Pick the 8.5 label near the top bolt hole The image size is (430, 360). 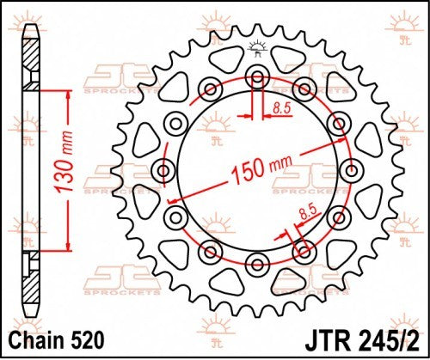pyautogui.click(x=281, y=109)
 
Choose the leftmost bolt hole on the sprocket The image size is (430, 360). pyautogui.click(x=164, y=168)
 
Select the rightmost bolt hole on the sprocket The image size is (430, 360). pyautogui.click(x=352, y=168)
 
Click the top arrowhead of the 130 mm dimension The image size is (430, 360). pyautogui.click(x=66, y=92)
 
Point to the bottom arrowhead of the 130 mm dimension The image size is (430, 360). pyautogui.click(x=66, y=246)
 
